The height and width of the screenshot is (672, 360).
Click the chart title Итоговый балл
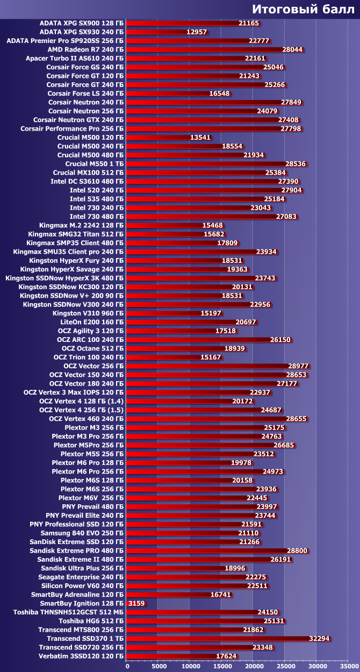[x=303, y=9]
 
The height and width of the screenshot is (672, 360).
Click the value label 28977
[x=298, y=366]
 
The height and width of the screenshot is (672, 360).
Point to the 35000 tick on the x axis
[x=347, y=667]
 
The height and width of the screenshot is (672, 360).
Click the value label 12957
[x=197, y=32]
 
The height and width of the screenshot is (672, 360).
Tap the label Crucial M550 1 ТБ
[x=94, y=163]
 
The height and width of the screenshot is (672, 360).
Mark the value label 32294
[x=319, y=639]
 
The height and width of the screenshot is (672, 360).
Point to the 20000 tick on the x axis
[x=253, y=667]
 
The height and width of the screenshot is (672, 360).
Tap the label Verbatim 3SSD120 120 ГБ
[x=81, y=656]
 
